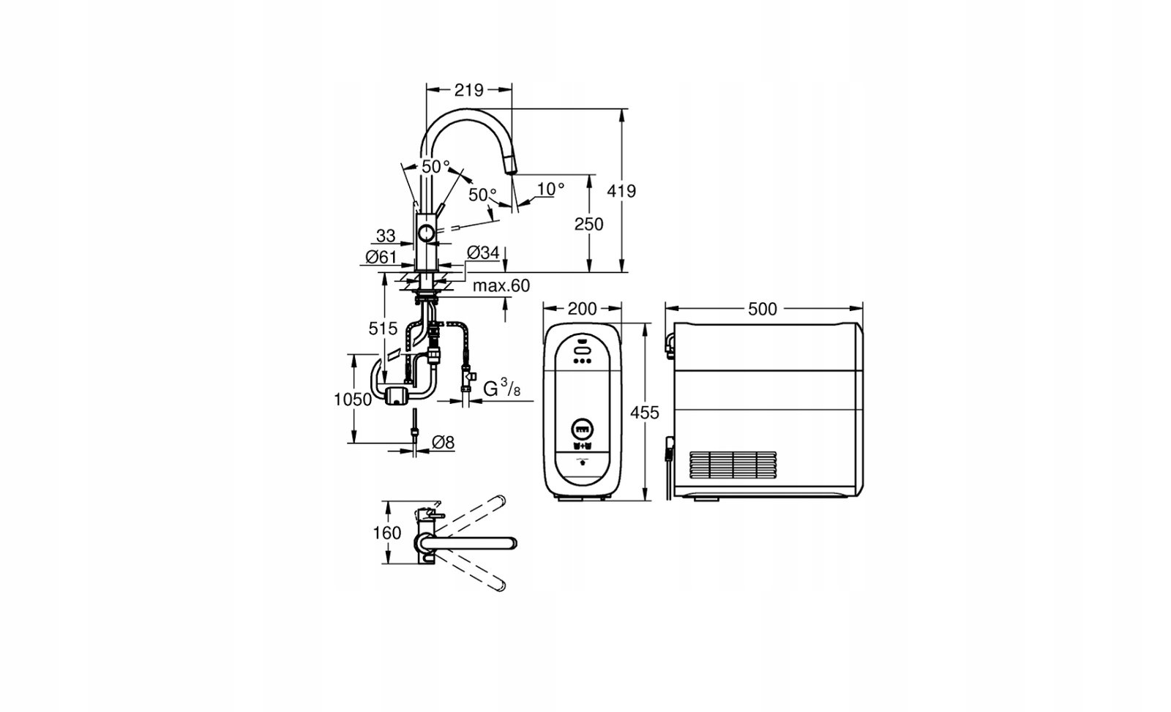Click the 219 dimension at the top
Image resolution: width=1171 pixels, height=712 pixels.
click(x=468, y=91)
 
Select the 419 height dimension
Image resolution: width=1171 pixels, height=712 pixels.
click(x=621, y=191)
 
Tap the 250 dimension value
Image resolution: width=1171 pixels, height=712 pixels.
click(x=588, y=224)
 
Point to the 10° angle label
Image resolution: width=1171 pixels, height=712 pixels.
click(x=550, y=189)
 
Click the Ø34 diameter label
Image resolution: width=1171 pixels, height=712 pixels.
click(x=483, y=253)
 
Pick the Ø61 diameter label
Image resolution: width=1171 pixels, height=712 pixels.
click(x=381, y=257)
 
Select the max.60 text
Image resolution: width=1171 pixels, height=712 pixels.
click(x=501, y=286)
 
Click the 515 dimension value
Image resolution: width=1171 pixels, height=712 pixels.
click(x=383, y=329)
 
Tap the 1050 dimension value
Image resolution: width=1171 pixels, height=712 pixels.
click(x=353, y=400)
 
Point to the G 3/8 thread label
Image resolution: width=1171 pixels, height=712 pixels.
click(x=501, y=388)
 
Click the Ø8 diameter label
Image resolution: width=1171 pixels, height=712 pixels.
click(x=444, y=443)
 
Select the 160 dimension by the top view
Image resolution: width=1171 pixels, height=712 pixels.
click(x=387, y=533)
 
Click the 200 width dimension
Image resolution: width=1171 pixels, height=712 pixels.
click(x=582, y=310)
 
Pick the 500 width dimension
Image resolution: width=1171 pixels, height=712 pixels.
click(x=762, y=310)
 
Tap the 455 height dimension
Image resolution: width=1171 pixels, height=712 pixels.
click(x=645, y=413)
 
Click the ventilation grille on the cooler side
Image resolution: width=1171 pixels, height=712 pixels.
click(x=733, y=465)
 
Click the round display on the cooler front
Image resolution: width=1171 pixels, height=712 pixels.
click(x=583, y=430)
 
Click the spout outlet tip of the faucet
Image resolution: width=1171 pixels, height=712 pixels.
click(x=512, y=168)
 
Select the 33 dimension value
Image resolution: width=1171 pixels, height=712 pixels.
click(x=386, y=236)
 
